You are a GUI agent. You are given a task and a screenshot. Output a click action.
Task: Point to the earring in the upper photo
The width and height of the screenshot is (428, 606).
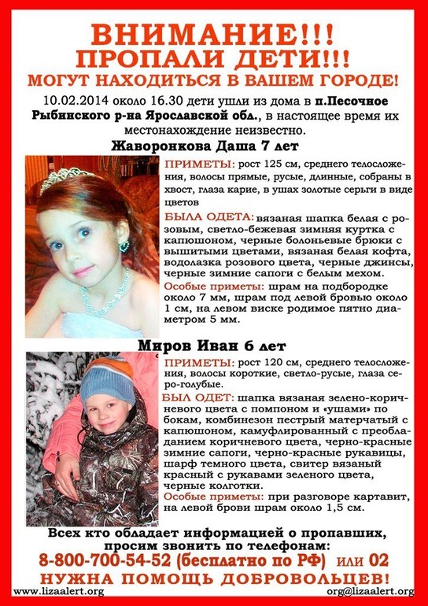pyautogui.click(x=124, y=246)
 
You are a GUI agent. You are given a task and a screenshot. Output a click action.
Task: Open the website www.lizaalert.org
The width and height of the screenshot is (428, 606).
pyautogui.click(x=59, y=591)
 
